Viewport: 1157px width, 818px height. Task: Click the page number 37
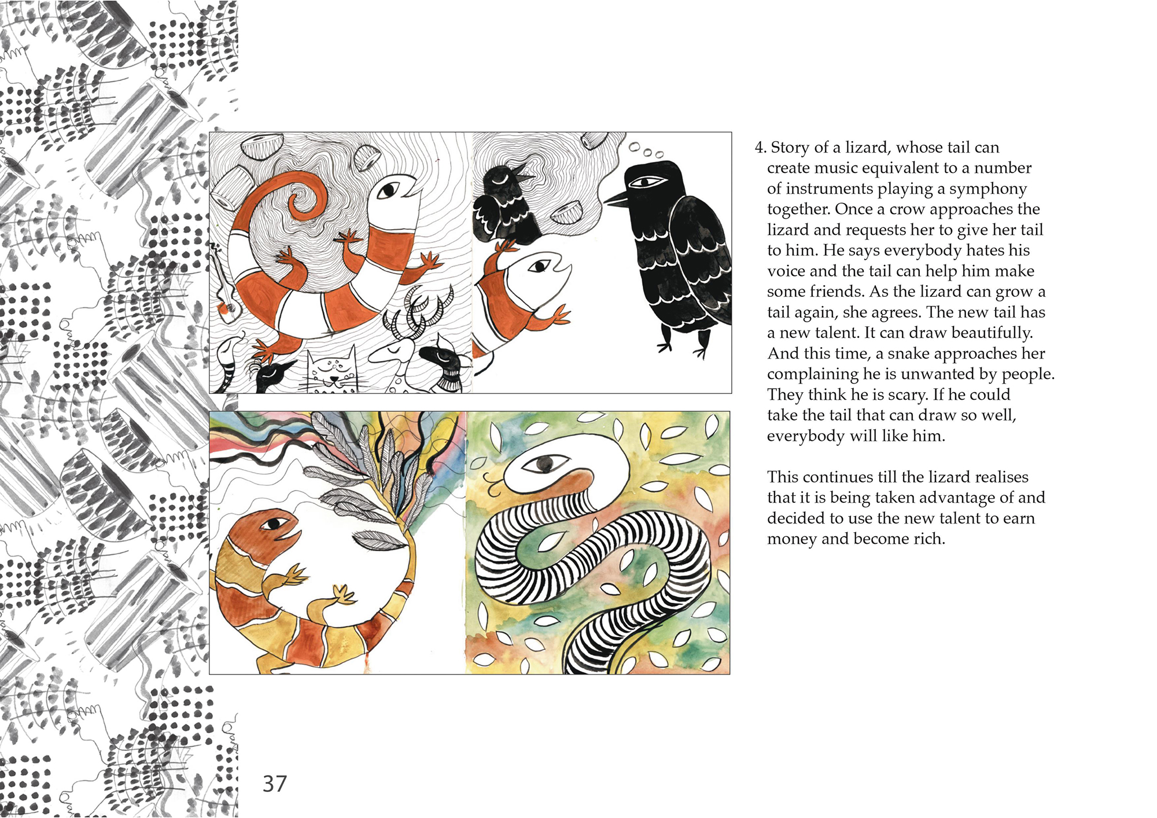point(275,784)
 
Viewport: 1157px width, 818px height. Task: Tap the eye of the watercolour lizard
point(274,524)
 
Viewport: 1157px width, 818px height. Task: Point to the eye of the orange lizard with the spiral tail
point(390,189)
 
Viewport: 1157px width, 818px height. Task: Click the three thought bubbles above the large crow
point(646,150)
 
